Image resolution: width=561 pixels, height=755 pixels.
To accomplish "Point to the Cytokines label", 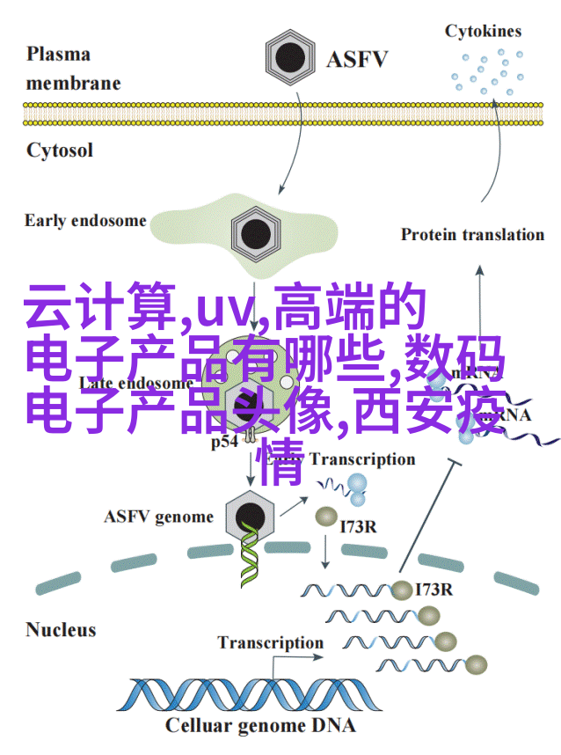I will (x=483, y=32).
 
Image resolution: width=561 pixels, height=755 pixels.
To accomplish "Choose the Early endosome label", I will (x=85, y=220).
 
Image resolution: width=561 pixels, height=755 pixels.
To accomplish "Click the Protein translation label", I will (x=472, y=234).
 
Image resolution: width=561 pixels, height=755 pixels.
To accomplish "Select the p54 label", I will (x=225, y=443).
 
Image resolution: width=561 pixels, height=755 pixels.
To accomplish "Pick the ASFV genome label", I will (x=158, y=517).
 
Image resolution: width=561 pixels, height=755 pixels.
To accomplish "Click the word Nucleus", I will (x=59, y=629).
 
